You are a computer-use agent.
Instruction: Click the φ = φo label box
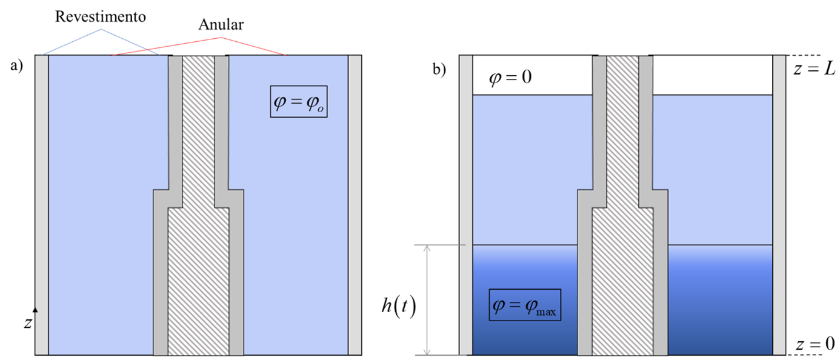point(299,101)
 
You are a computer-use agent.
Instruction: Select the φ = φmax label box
point(525,304)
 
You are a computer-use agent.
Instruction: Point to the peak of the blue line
point(101,28)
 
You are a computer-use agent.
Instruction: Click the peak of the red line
point(221,38)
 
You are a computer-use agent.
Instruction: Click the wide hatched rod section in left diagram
point(198,282)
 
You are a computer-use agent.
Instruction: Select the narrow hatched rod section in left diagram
point(198,121)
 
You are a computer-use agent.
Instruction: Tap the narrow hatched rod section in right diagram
point(622,121)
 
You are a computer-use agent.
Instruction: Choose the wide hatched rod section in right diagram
point(622,282)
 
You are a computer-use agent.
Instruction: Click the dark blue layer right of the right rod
point(720,303)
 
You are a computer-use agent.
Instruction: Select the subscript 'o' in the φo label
point(320,107)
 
